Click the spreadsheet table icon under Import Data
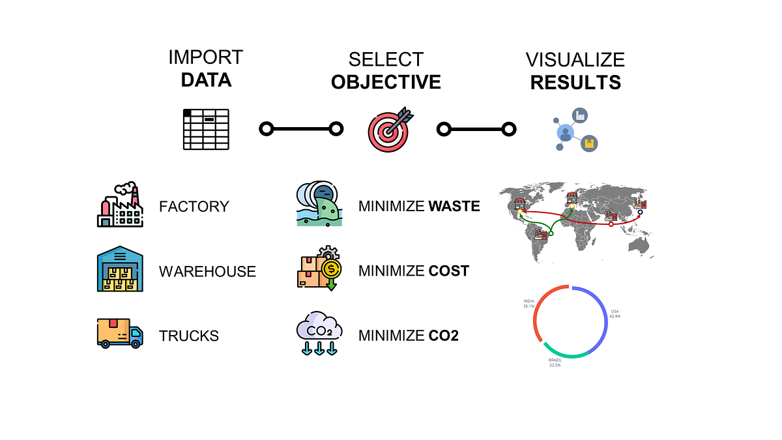pyautogui.click(x=205, y=129)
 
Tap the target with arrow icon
pyautogui.click(x=389, y=128)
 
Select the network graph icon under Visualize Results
pyautogui.click(x=572, y=129)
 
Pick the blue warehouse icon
pyautogui.click(x=119, y=271)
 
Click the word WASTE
pyautogui.click(x=454, y=207)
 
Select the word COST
pyautogui.click(x=448, y=271)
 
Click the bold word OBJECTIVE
pyautogui.click(x=386, y=82)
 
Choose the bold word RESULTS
pyautogui.click(x=575, y=83)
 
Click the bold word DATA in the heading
pyautogui.click(x=206, y=80)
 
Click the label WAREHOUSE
pyautogui.click(x=207, y=271)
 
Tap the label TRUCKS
pyautogui.click(x=189, y=336)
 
